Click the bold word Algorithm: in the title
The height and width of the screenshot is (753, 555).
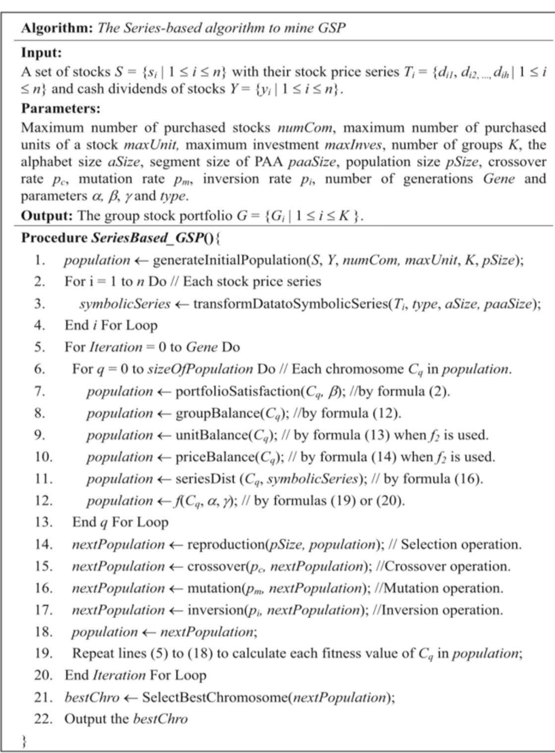click(56, 28)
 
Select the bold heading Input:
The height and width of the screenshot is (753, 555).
click(41, 53)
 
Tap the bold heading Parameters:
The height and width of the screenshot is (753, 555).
click(61, 108)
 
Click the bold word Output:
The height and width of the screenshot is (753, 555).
click(46, 215)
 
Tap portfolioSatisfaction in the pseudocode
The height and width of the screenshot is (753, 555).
click(237, 391)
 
